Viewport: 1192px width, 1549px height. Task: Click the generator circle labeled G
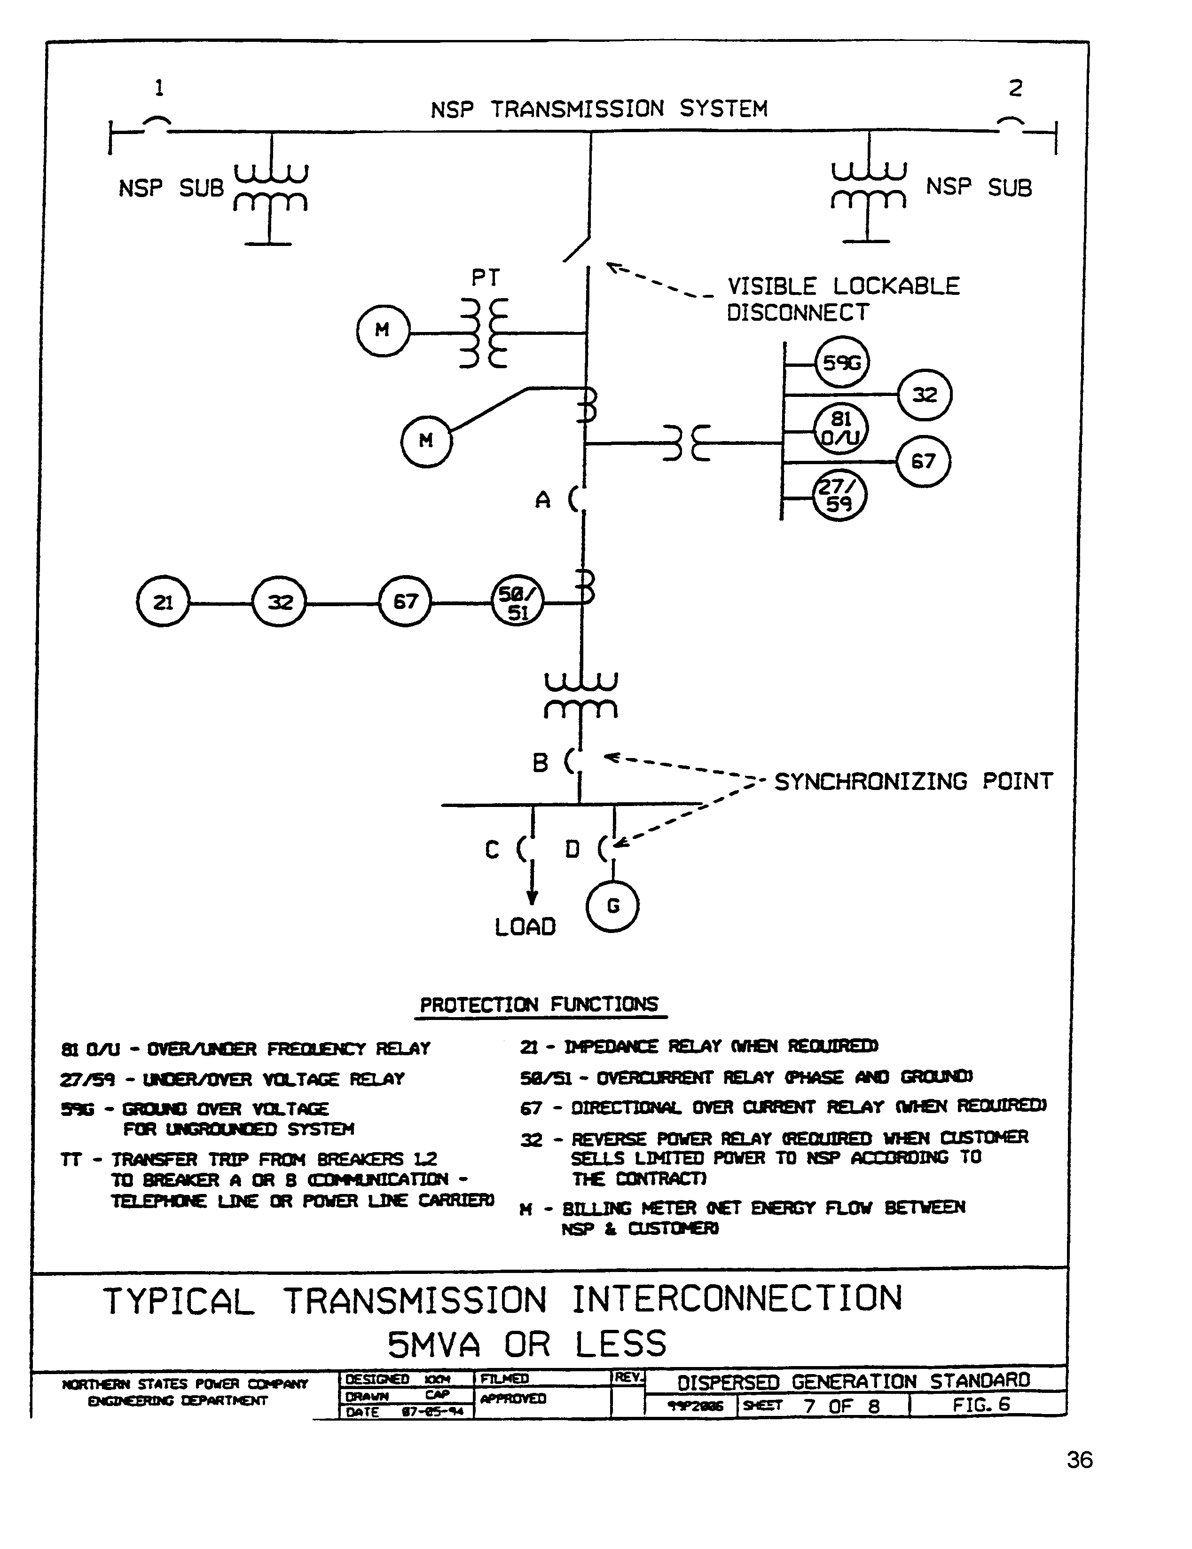(x=612, y=906)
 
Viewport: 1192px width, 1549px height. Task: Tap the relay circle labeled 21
(x=163, y=602)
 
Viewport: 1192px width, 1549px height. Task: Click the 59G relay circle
(x=842, y=363)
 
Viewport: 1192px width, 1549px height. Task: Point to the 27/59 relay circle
(x=839, y=495)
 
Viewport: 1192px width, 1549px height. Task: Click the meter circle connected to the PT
(x=383, y=330)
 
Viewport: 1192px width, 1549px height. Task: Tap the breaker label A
(x=542, y=500)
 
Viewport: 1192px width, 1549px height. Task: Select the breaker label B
(x=541, y=762)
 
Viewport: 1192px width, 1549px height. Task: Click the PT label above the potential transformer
(x=486, y=277)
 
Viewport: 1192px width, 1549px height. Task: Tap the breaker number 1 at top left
(x=159, y=88)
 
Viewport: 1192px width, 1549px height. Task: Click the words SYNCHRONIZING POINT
(x=913, y=781)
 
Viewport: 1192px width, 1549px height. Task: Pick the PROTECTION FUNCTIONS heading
(x=539, y=1004)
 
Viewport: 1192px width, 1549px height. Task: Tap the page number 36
(x=1079, y=1460)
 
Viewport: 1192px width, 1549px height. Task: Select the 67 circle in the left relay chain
(x=405, y=602)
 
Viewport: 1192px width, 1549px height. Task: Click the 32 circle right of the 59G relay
(x=925, y=395)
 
